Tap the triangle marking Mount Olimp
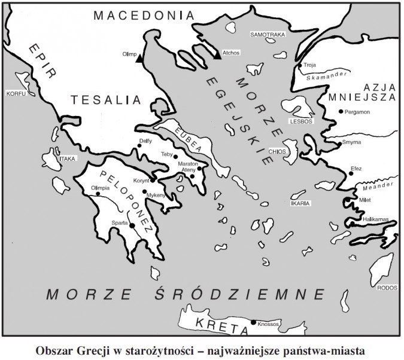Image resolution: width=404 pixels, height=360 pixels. tap(139, 59)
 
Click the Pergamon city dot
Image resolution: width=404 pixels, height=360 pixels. tap(341, 112)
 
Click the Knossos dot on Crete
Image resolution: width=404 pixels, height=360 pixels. tap(253, 323)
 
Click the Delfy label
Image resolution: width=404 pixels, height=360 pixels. tap(145, 141)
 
